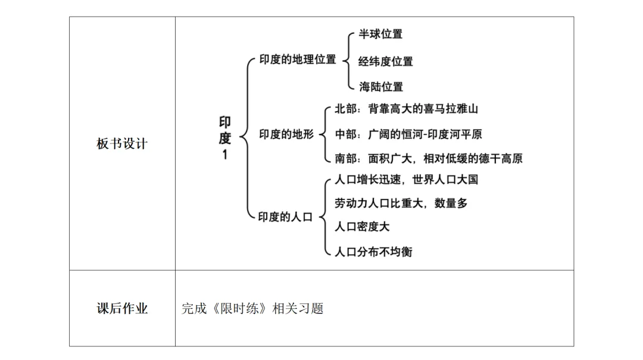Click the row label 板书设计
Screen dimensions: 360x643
click(122, 144)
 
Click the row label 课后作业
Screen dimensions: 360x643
click(122, 309)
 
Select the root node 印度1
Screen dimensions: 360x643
click(224, 138)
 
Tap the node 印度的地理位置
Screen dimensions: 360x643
click(298, 60)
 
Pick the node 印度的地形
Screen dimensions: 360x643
click(286, 134)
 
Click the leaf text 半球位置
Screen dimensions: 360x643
click(380, 34)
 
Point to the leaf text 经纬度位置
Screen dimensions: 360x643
click(385, 61)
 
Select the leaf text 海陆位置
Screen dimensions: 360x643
click(380, 87)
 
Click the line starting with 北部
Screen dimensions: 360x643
click(407, 109)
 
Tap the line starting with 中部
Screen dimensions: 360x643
click(408, 134)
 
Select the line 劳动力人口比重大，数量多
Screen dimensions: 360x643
click(401, 204)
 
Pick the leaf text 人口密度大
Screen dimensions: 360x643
click(362, 227)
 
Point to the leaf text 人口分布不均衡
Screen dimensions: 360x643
click(373, 252)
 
